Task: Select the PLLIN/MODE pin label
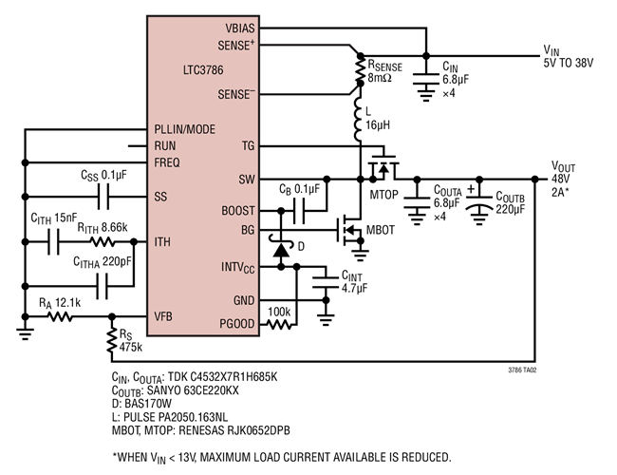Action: point(186,129)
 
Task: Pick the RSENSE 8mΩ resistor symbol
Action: point(360,69)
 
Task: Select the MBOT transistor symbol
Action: point(349,231)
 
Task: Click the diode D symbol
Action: point(281,252)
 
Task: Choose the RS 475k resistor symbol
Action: point(112,340)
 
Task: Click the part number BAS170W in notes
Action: point(140,402)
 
